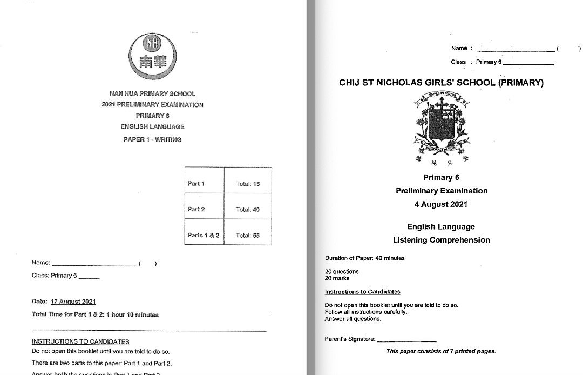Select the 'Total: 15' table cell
pyautogui.click(x=248, y=184)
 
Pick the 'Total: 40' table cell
pyautogui.click(x=248, y=210)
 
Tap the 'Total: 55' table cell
pyautogui.click(x=248, y=236)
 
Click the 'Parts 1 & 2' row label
pyautogui.click(x=203, y=236)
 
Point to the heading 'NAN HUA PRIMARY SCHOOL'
pyautogui.click(x=152, y=94)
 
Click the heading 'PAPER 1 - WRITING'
pyautogui.click(x=152, y=139)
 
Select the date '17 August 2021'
pyautogui.click(x=73, y=302)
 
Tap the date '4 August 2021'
pyautogui.click(x=441, y=204)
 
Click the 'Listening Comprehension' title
pyautogui.click(x=441, y=240)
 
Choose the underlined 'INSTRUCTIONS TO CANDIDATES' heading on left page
pyautogui.click(x=80, y=341)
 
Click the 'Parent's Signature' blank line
pyautogui.click(x=406, y=340)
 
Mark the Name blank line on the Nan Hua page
pyautogui.click(x=94, y=264)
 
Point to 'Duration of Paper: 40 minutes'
pyautogui.click(x=364, y=258)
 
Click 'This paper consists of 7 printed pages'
pyautogui.click(x=440, y=351)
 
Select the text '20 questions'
pyautogui.click(x=341, y=272)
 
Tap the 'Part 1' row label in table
pyautogui.click(x=196, y=184)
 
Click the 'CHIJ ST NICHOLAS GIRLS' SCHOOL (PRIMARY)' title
pyautogui.click(x=441, y=83)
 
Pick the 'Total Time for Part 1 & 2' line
pyautogui.click(x=95, y=314)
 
